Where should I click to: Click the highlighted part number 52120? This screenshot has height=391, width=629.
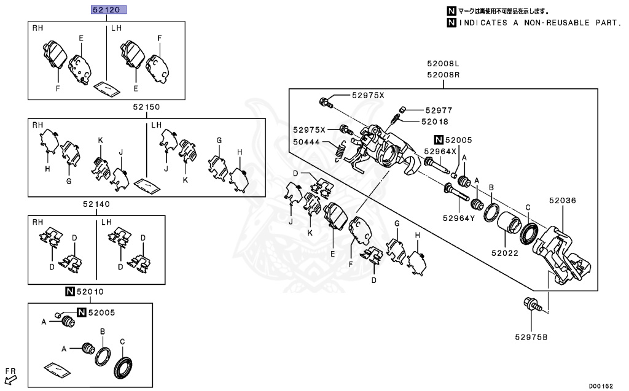pyautogui.click(x=109, y=10)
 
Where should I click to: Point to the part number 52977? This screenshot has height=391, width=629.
pyautogui.click(x=438, y=110)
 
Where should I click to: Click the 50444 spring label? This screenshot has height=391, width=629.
pyautogui.click(x=307, y=142)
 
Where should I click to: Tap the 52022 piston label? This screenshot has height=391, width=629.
pyautogui.click(x=504, y=252)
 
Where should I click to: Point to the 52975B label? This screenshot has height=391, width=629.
pyautogui.click(x=532, y=336)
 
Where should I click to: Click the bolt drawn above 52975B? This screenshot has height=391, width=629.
pyautogui.click(x=531, y=304)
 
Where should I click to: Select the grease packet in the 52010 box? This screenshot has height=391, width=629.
pyautogui.click(x=57, y=370)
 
